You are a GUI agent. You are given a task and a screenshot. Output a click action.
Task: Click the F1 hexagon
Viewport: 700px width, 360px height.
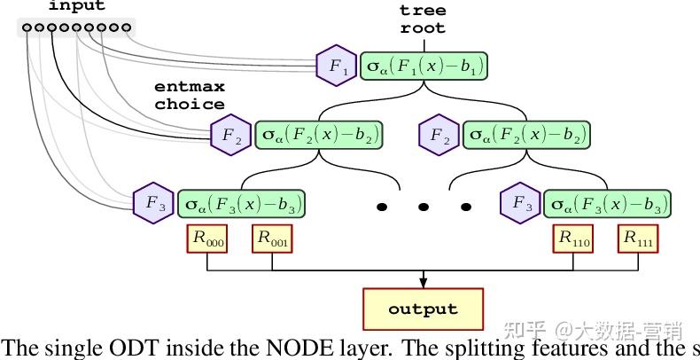[x=336, y=66]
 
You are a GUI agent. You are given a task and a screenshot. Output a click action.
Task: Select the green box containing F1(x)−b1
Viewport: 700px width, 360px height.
[x=424, y=67]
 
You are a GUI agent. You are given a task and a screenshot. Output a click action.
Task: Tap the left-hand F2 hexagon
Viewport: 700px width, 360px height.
[x=230, y=135]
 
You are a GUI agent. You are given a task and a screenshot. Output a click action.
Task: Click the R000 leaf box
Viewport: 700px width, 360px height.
[x=206, y=239]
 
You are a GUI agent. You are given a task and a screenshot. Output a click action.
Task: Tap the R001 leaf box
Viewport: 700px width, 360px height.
[x=273, y=239]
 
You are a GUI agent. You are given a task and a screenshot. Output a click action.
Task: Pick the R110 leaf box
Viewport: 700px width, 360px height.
[x=574, y=239]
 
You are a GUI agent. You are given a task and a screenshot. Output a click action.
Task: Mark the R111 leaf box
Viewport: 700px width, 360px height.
[x=640, y=239]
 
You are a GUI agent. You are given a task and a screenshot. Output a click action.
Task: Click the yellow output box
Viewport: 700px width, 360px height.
[x=423, y=309]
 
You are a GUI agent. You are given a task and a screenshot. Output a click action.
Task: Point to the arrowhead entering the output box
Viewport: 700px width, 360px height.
[x=423, y=283]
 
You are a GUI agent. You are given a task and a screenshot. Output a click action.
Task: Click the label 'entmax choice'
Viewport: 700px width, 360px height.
[x=190, y=96]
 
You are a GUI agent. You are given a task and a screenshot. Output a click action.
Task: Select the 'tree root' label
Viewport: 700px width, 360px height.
[x=423, y=19]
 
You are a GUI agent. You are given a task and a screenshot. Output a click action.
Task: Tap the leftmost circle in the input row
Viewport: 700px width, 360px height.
[x=27, y=28]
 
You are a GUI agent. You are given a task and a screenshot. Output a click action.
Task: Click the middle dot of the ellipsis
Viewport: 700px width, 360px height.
[x=424, y=207]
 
